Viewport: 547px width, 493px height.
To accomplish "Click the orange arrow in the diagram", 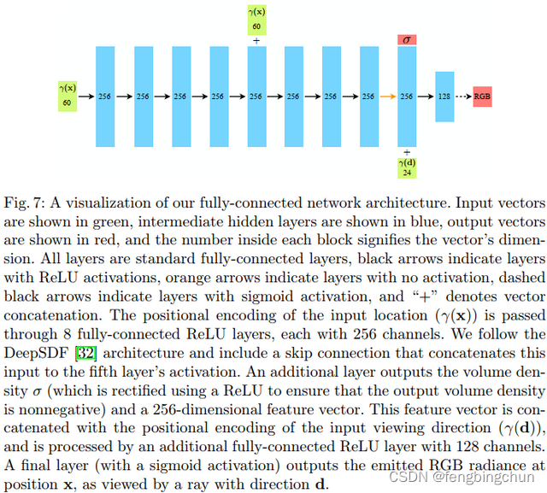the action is coord(387,97).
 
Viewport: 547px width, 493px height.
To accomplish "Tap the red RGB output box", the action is coord(482,97).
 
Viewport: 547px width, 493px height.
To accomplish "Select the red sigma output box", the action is coord(407,40).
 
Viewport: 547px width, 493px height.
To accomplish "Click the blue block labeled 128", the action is coord(444,97).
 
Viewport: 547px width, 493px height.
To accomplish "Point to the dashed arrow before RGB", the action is coord(463,97).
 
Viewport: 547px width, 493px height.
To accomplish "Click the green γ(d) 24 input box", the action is coord(407,168).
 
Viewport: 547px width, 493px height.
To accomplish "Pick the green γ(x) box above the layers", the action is coord(256,20).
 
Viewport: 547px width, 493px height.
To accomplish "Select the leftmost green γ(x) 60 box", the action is coord(68,97).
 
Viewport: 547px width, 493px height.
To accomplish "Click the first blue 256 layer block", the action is coord(105,97).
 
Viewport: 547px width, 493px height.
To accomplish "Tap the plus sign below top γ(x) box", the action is coord(256,41).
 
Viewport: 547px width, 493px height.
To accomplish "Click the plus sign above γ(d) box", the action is coord(407,152).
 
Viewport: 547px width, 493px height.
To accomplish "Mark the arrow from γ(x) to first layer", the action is coord(86,97).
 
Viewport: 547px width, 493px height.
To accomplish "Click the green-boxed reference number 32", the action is coord(86,353).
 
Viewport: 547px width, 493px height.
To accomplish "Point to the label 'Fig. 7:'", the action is coord(25,202).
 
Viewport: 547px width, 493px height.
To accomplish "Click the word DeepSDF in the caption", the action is coord(36,353).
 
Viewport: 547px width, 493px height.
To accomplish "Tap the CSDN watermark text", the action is coord(462,476).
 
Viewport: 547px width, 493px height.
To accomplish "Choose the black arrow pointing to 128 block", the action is coord(426,97).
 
